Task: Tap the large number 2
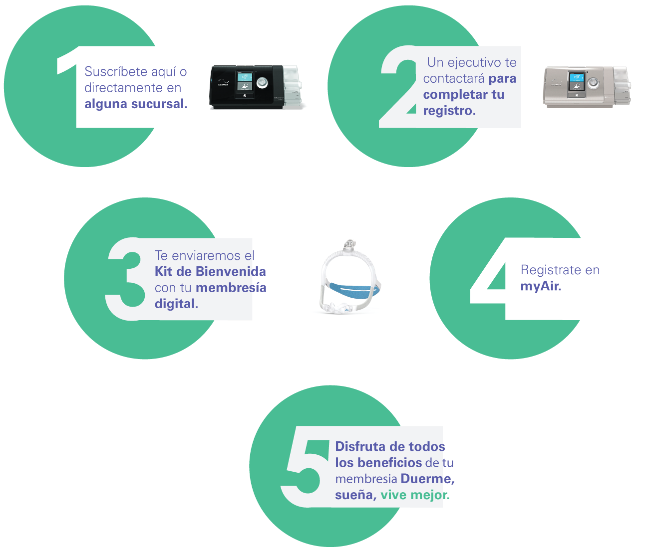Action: (399, 87)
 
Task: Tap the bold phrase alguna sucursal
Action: (136, 104)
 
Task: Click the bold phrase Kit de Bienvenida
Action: (210, 272)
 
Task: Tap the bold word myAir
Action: (541, 286)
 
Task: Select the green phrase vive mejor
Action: (414, 495)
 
